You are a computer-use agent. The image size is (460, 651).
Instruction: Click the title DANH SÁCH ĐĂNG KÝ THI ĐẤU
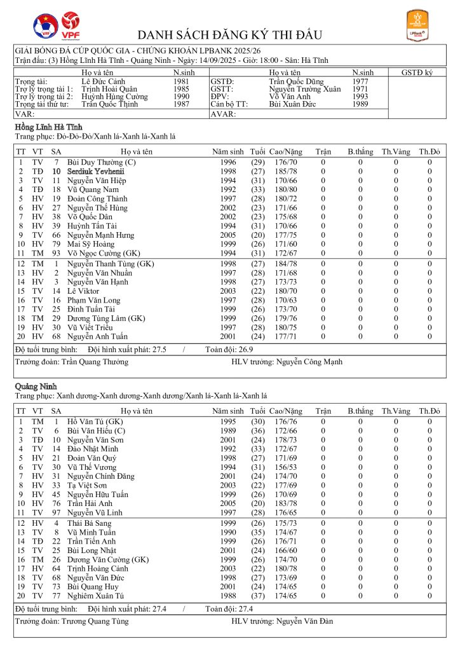(x=230, y=34)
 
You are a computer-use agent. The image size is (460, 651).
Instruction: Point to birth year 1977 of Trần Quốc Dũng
(x=360, y=82)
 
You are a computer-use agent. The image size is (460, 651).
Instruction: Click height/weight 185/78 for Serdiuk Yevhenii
(x=286, y=172)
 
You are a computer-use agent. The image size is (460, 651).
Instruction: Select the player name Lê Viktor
(x=83, y=291)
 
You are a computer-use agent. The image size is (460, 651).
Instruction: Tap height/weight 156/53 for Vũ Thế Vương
(x=286, y=467)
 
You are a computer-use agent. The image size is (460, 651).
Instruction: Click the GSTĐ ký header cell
(x=417, y=73)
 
